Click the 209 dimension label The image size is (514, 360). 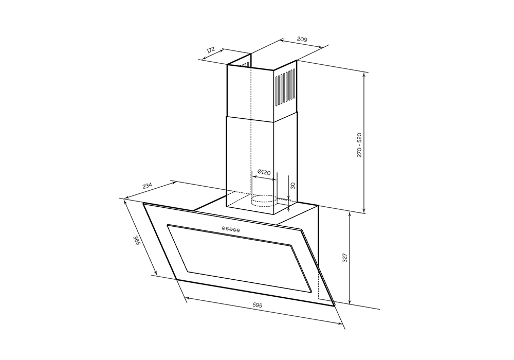click(302, 40)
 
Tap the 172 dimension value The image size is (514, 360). click(210, 50)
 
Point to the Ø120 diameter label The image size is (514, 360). click(264, 172)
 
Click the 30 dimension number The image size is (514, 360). click(293, 186)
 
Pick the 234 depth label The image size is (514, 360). click(148, 186)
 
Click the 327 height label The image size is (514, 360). click(344, 258)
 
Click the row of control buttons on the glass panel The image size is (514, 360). click(231, 229)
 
